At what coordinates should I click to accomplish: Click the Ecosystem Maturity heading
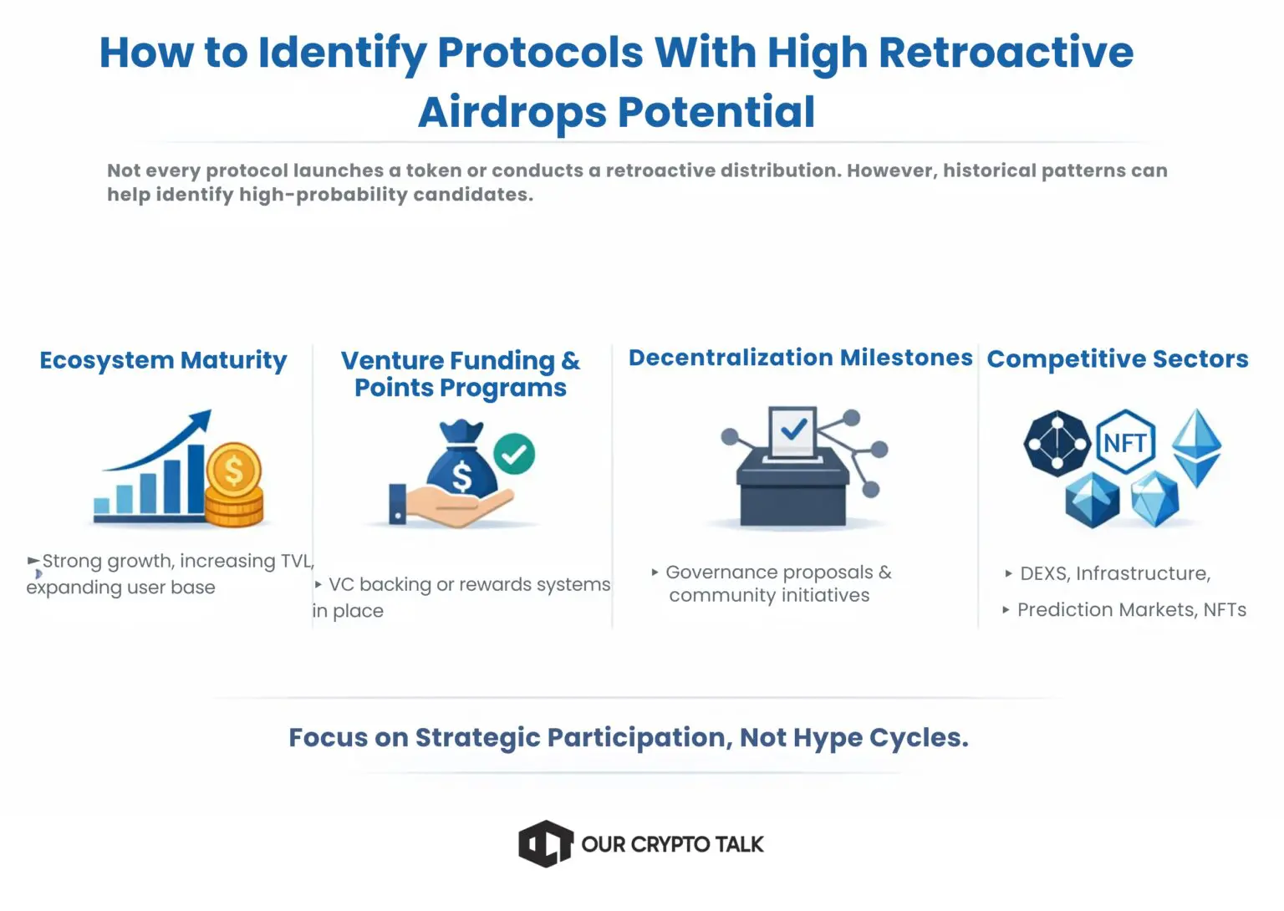pos(163,360)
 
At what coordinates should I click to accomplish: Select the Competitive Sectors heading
pos(1117,359)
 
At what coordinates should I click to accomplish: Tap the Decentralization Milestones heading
pos(800,358)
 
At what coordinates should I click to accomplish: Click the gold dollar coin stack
pos(234,486)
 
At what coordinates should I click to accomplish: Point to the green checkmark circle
pos(514,454)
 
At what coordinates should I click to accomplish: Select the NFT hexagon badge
pos(1124,442)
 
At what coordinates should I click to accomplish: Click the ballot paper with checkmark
pos(792,431)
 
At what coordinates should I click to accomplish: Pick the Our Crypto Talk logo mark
pos(545,843)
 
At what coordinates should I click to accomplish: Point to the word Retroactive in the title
pos(1006,52)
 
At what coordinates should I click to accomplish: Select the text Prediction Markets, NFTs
pos(1131,610)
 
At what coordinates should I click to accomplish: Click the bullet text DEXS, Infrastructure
pos(1114,573)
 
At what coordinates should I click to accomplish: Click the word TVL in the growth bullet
pos(297,561)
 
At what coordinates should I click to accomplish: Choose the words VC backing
pos(380,584)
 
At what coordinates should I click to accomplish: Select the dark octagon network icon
pos(1057,443)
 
